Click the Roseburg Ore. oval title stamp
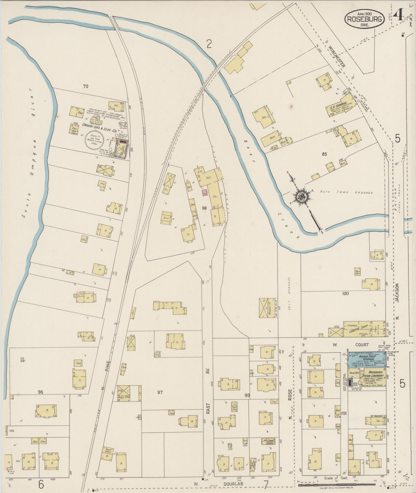tap(365, 19)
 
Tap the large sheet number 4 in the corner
tap(399, 14)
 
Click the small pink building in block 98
tap(205, 193)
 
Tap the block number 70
tap(85, 86)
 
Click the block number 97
tap(160, 392)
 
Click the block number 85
tap(325, 154)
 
